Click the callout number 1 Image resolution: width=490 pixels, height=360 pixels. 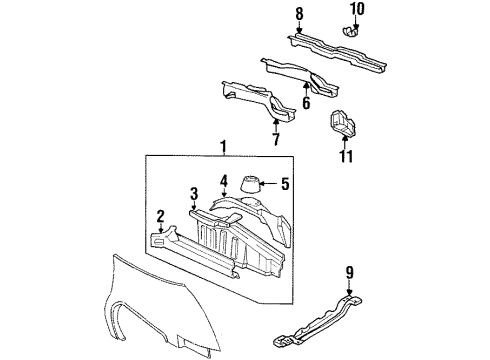224,146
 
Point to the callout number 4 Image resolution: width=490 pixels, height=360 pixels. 225,181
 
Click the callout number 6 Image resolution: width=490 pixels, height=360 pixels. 306,103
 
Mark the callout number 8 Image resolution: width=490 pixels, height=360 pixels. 297,13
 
